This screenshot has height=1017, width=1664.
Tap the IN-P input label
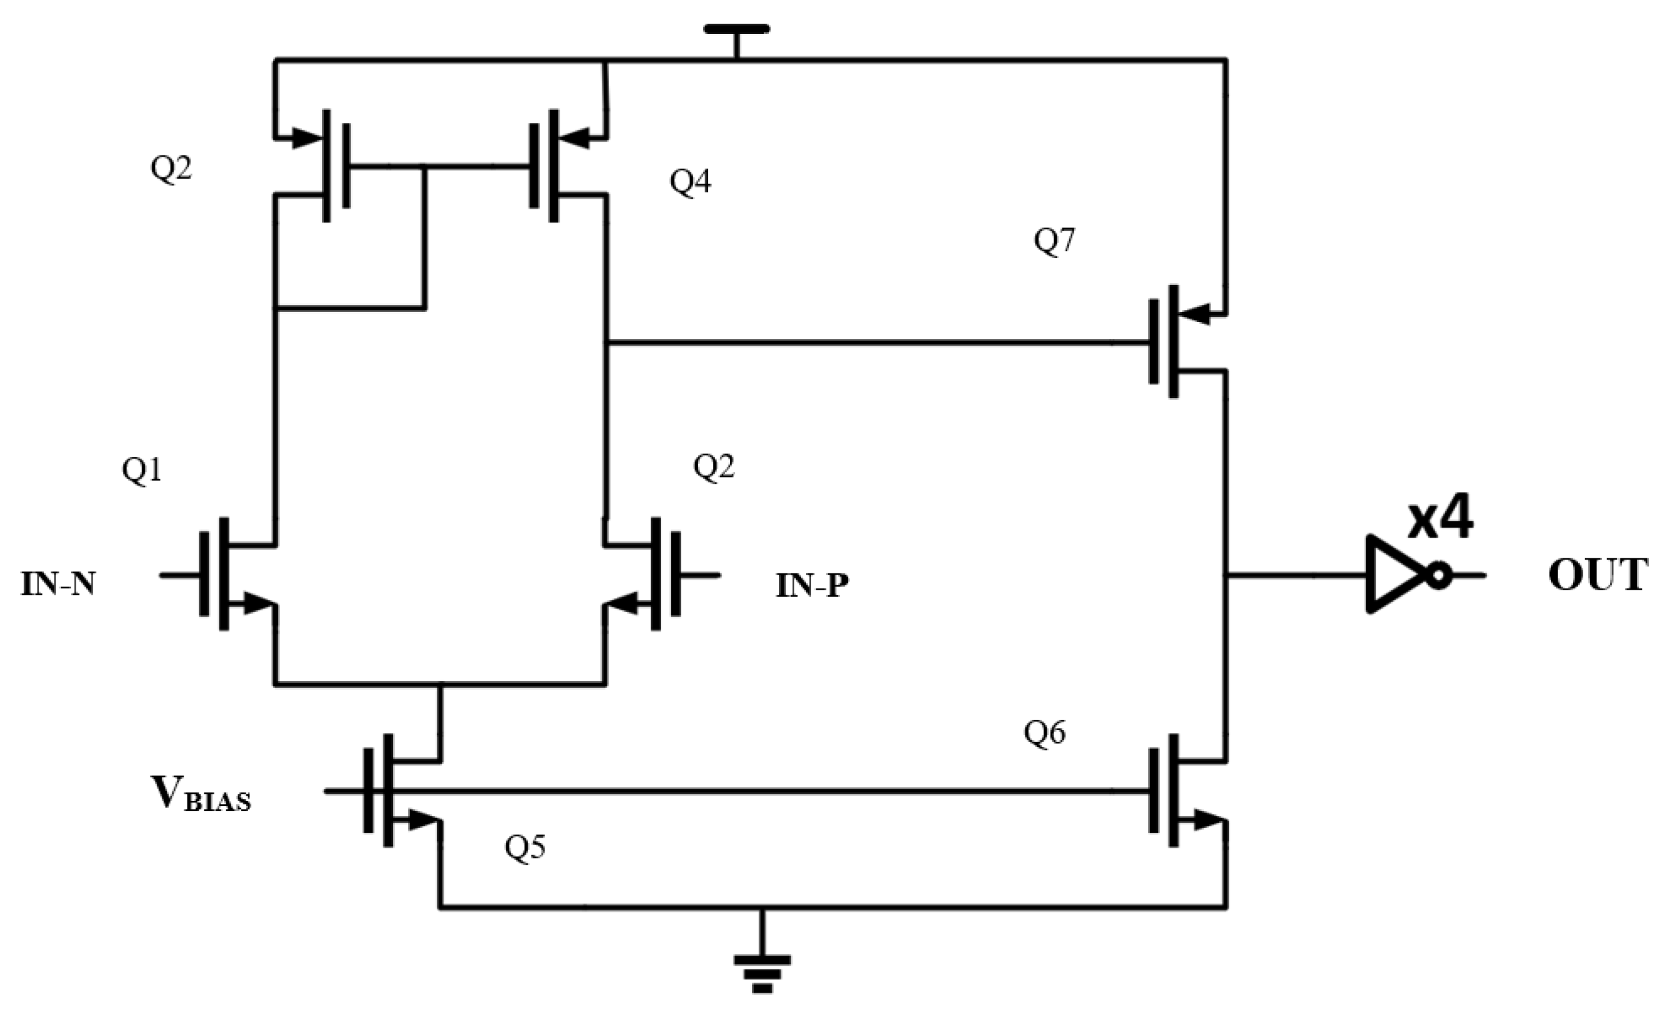[x=812, y=586]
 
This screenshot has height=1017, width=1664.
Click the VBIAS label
[x=201, y=794]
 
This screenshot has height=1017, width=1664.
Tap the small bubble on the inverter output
[x=1438, y=576]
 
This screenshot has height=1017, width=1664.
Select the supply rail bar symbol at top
[x=736, y=29]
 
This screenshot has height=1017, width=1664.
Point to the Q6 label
[x=1045, y=733]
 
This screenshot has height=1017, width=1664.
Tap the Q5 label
[x=525, y=847]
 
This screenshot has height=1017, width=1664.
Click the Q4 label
[x=690, y=182]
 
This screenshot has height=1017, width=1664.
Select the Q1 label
[x=142, y=471]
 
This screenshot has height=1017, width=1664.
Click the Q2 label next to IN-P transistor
[x=714, y=467]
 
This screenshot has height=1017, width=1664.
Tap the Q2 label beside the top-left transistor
[x=171, y=168]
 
